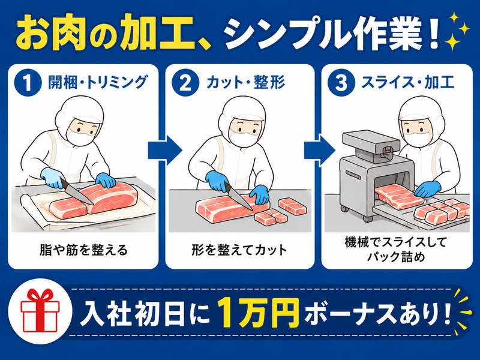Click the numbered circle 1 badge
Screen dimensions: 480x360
tap(28, 83)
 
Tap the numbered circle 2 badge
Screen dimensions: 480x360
tap(185, 83)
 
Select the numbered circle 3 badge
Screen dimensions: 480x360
tap(341, 83)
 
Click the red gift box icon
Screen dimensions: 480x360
tap(40, 311)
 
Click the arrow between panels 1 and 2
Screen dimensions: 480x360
tap(165, 150)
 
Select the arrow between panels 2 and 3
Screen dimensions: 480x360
tap(320, 150)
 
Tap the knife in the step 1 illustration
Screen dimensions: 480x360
tap(77, 191)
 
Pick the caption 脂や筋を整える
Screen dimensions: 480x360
tap(83, 250)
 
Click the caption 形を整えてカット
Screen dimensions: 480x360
tap(239, 250)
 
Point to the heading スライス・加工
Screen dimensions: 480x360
tap(407, 82)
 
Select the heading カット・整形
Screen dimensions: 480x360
tap(246, 82)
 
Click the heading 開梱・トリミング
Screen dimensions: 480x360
tap(97, 82)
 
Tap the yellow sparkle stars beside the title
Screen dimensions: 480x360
tap(457, 31)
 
